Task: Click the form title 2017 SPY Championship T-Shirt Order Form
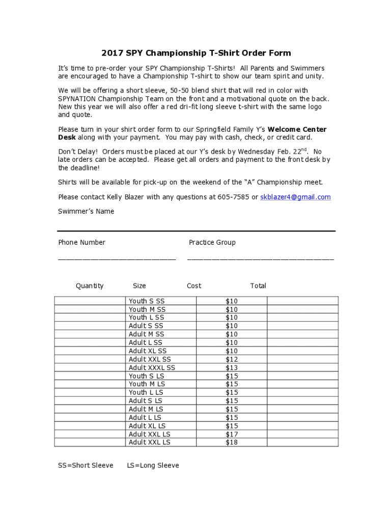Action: (196, 53)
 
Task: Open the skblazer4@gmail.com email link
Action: (295, 197)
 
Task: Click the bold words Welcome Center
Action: (297, 129)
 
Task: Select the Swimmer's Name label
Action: (86, 211)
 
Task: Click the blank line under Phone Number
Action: (117, 259)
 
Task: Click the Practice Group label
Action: (212, 242)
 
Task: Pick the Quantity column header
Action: (90, 286)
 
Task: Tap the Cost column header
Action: (194, 286)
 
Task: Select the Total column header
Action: (258, 286)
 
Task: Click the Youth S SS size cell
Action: (147, 301)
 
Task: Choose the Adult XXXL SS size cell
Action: (152, 368)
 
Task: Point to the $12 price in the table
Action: (232, 359)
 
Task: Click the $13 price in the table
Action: (232, 368)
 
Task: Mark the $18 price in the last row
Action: (232, 443)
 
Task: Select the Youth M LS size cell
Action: (147, 384)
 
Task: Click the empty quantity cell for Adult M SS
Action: (90, 334)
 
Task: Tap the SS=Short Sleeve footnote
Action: (86, 466)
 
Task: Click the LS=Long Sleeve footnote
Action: (153, 466)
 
